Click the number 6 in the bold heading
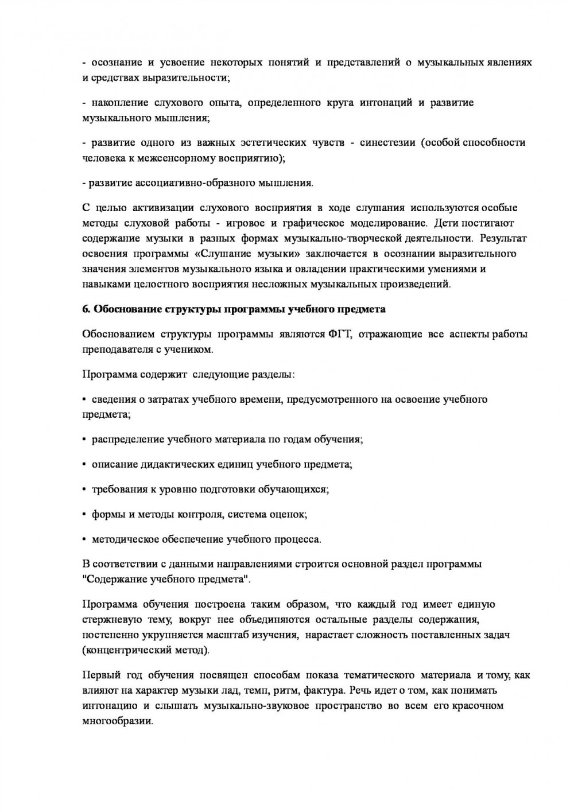[x=86, y=309]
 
